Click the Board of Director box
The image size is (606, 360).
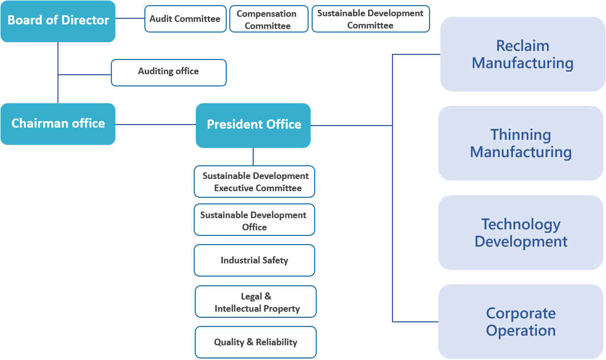coord(58,21)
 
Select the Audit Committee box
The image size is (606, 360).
coord(185,19)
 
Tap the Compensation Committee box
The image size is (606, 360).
coord(269,19)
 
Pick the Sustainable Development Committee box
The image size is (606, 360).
coord(371,19)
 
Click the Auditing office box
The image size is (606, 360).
coord(168,72)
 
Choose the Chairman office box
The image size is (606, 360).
coord(58,124)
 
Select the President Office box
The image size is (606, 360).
coord(253,125)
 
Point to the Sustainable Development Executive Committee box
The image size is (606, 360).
coord(254,182)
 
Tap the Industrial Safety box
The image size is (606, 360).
coord(254,260)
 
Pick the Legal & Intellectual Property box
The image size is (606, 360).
coord(256,302)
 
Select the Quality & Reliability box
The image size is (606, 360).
coord(256,342)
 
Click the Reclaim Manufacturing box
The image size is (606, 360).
coord(523,54)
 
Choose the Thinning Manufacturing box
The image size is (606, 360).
coord(521,143)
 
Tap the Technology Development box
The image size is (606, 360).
coord(521,232)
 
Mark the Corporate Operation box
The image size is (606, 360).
coord(521,321)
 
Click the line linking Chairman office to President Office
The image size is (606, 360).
coord(156,125)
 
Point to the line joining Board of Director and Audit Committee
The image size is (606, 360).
coord(130,19)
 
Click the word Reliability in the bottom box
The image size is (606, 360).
coord(277,342)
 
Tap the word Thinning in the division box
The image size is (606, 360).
coord(521,135)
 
